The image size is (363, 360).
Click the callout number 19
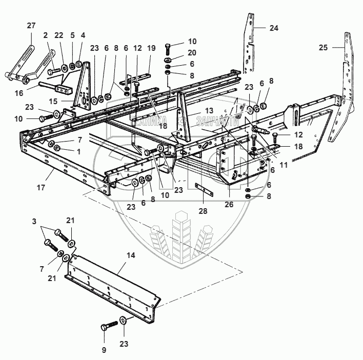(x=151, y=47)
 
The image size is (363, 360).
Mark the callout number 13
(x=195, y=111)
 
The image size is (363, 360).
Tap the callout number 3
(x=34, y=222)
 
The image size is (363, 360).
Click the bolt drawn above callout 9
(x=106, y=327)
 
